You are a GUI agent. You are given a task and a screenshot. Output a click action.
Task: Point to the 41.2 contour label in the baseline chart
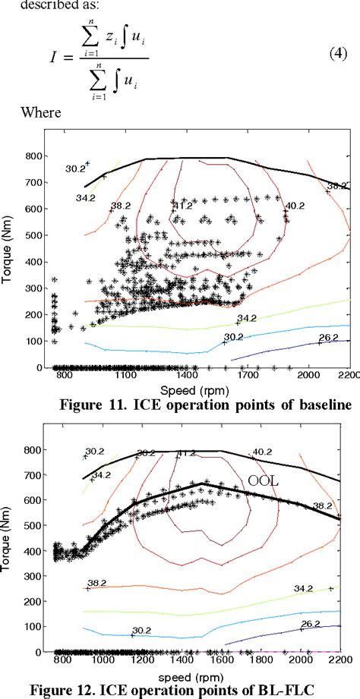(x=183, y=206)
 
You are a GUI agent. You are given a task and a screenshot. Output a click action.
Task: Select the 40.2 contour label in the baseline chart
(x=295, y=206)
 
